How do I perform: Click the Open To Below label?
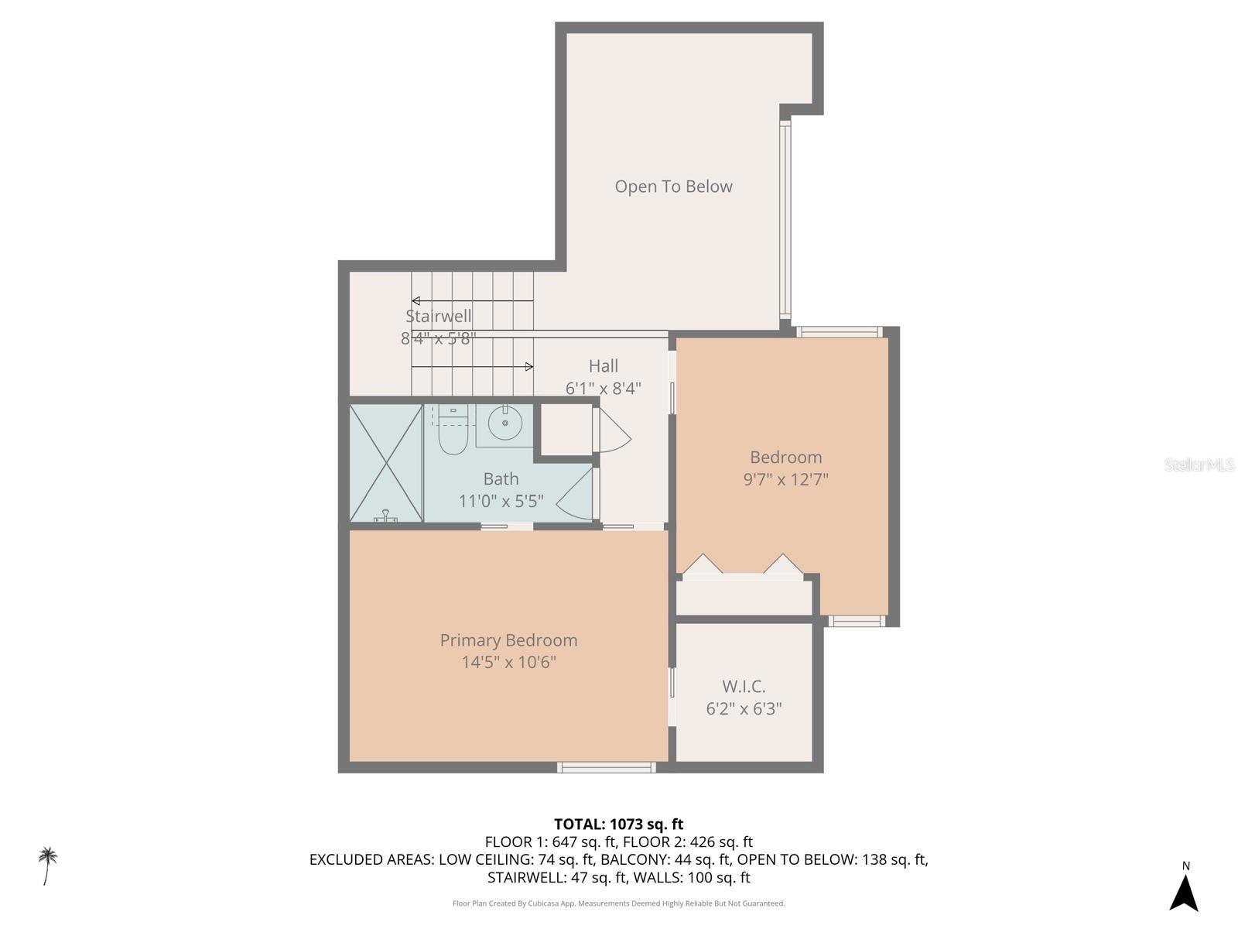coord(673,187)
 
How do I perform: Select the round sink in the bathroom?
coord(505,423)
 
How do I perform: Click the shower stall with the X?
coord(385,462)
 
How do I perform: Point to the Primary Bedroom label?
coord(508,640)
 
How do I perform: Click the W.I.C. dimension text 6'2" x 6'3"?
coord(744,708)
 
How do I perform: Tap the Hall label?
coord(603,366)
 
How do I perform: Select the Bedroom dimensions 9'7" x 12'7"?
coord(785,479)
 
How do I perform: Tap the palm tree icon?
coord(48,865)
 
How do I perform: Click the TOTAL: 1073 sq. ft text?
coord(618,824)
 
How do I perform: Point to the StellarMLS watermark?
coord(1199,464)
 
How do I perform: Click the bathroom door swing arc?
coord(574,495)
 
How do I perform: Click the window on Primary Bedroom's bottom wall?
coord(607,767)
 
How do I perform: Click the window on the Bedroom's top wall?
coord(840,332)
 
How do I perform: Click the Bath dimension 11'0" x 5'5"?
coord(501,501)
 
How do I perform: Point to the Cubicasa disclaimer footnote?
coord(618,903)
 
